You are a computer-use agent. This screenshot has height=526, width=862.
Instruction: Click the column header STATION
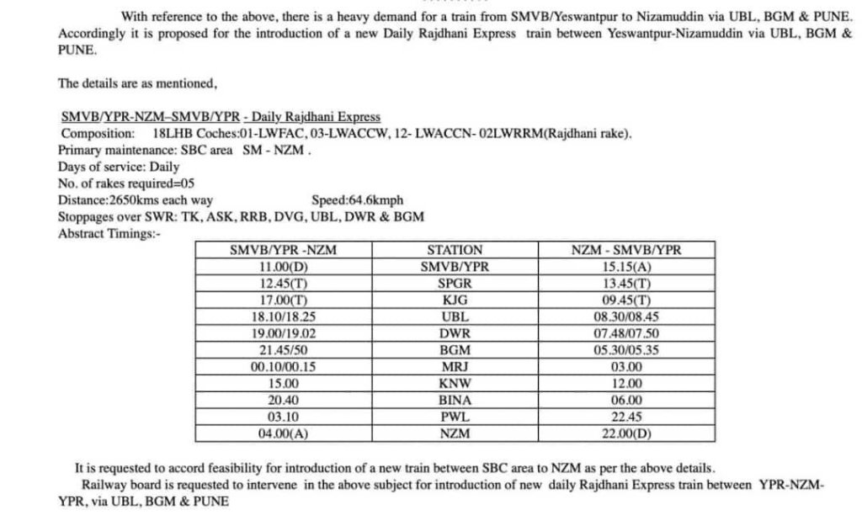(x=455, y=250)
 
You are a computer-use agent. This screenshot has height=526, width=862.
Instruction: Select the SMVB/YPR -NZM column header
(x=288, y=250)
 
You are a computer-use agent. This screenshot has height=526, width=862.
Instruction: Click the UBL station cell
(x=455, y=316)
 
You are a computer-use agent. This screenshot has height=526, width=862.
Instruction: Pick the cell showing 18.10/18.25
(x=288, y=316)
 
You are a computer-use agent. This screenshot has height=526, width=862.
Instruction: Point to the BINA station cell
(x=455, y=400)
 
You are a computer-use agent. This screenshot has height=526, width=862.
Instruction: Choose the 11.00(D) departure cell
(x=288, y=267)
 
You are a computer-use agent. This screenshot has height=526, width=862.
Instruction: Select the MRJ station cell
(x=455, y=367)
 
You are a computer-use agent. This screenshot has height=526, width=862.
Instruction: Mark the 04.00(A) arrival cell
(x=288, y=433)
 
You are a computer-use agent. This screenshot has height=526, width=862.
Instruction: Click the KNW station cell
(x=455, y=384)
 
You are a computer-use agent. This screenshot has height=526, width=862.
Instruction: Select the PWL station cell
(x=455, y=417)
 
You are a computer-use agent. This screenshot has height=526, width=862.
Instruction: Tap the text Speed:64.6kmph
(x=357, y=200)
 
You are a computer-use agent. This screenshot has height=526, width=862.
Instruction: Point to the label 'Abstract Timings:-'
(x=108, y=234)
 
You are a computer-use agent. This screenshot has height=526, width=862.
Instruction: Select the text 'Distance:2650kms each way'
(x=135, y=200)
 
